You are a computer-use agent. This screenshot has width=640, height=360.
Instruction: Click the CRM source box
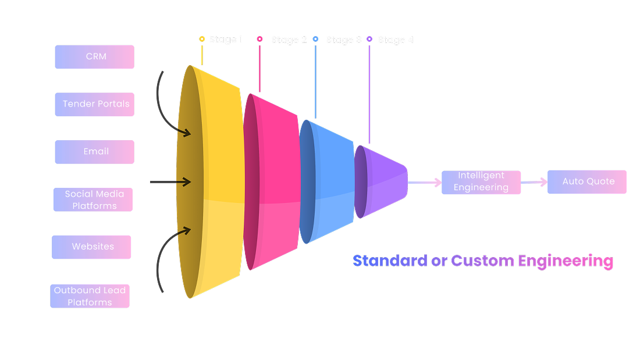click(x=94, y=57)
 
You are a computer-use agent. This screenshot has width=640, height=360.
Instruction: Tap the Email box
click(x=94, y=152)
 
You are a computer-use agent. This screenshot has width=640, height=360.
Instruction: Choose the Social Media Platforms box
click(x=93, y=199)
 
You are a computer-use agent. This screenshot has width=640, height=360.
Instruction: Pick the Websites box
click(x=91, y=247)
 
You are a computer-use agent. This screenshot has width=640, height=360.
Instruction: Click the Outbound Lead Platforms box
click(x=90, y=296)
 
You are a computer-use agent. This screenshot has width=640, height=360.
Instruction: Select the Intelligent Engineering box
click(x=481, y=182)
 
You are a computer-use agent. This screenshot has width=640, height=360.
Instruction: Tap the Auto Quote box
click(x=587, y=181)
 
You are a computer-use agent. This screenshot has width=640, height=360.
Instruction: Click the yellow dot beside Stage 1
click(x=202, y=40)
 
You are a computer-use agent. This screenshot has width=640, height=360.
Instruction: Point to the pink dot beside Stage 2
click(x=259, y=40)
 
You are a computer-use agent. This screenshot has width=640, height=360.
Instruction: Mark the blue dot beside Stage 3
click(x=315, y=40)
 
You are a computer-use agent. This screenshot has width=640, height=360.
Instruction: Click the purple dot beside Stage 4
click(x=369, y=40)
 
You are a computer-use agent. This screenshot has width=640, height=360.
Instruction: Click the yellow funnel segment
click(x=221, y=180)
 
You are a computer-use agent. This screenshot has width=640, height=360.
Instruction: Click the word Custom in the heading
click(x=482, y=261)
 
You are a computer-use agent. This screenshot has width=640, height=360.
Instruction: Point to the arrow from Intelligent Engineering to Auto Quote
click(x=534, y=182)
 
